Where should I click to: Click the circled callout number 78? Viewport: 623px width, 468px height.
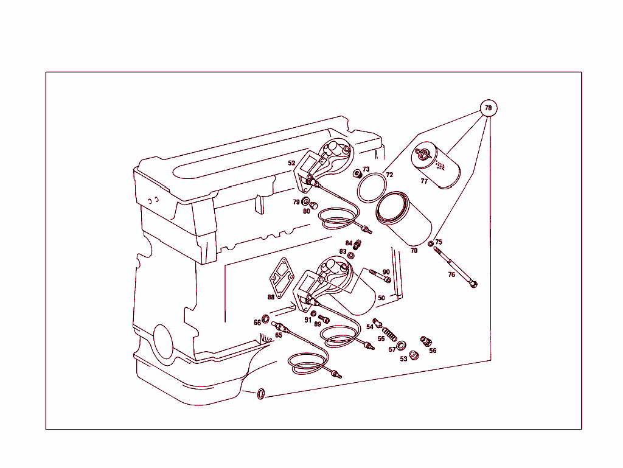(x=488, y=108)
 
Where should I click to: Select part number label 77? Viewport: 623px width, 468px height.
(x=424, y=181)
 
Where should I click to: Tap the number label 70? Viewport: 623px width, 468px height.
(x=414, y=250)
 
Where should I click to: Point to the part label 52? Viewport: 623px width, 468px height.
(x=292, y=163)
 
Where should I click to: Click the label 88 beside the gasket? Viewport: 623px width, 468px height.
(x=271, y=298)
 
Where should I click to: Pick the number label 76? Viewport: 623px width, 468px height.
(x=451, y=274)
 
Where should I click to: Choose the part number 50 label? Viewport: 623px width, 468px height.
(x=381, y=298)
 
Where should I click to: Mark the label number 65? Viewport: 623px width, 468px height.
(x=279, y=335)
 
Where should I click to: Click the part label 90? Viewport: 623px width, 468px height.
(x=386, y=272)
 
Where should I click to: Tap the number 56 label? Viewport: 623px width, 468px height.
(x=433, y=351)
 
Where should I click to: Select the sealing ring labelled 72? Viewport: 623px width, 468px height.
(x=372, y=187)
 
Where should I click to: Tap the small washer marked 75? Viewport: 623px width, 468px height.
(x=431, y=244)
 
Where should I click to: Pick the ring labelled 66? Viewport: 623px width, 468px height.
(x=266, y=320)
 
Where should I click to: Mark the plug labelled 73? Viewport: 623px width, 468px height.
(x=358, y=175)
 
